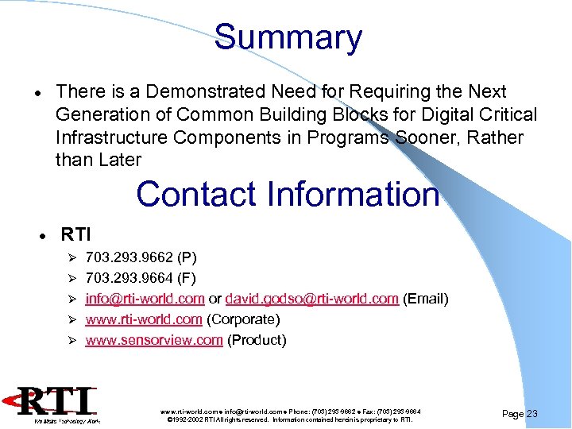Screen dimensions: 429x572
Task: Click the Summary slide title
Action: pyautogui.click(x=288, y=37)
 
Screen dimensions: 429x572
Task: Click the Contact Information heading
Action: pyautogui.click(x=287, y=194)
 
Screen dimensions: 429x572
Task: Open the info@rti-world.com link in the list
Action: pyautogui.click(x=145, y=299)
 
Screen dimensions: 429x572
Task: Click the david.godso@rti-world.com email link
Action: pyautogui.click(x=311, y=299)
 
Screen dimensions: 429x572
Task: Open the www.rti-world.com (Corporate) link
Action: pyautogui.click(x=144, y=319)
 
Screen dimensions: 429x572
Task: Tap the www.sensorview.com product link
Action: pyautogui.click(x=153, y=340)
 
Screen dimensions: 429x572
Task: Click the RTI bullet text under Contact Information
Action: pyautogui.click(x=76, y=234)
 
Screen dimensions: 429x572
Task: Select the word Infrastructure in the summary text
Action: pyautogui.click(x=111, y=137)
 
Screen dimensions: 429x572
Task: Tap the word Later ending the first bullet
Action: pyautogui.click(x=120, y=160)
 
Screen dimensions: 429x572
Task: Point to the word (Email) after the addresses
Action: pyautogui.click(x=426, y=299)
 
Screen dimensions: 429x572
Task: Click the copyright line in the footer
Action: pyautogui.click(x=290, y=419)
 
